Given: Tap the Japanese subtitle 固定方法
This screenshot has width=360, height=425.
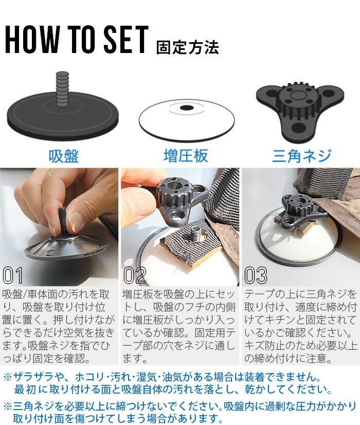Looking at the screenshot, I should coord(188,47).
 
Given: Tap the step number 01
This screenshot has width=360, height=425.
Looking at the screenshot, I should coord(13,275).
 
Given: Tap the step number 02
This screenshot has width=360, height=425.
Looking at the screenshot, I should coord(135,275).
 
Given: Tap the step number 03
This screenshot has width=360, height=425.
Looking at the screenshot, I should coord(256,275).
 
